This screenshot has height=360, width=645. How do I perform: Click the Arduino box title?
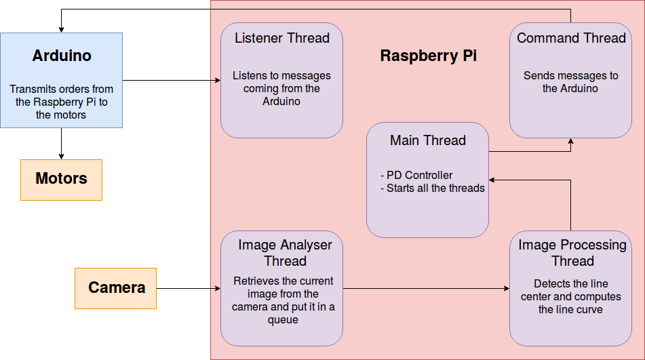pos(61,56)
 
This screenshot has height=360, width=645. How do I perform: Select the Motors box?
pos(61,179)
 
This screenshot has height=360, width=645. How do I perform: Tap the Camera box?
pos(116,287)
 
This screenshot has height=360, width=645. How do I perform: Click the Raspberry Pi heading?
pos(428,56)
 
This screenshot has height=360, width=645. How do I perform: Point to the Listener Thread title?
pos(281,38)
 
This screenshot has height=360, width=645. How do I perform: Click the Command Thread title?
pos(571,38)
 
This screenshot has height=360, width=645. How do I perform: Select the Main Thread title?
pos(427,140)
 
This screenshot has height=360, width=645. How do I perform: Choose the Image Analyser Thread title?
pos(285,253)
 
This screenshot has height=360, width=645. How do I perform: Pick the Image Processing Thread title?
pos(572,253)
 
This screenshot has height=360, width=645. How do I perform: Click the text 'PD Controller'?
pos(419,175)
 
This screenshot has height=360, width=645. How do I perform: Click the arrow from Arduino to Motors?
pos(61,143)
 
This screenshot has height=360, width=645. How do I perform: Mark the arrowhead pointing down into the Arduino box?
pos(61,29)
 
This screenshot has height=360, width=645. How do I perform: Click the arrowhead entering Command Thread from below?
pos(571,142)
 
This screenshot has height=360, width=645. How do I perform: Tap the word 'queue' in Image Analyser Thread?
pos(284,319)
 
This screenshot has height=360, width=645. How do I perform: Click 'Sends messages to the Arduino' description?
pos(570,82)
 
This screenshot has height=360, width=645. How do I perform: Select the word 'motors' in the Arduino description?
pos(70,115)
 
